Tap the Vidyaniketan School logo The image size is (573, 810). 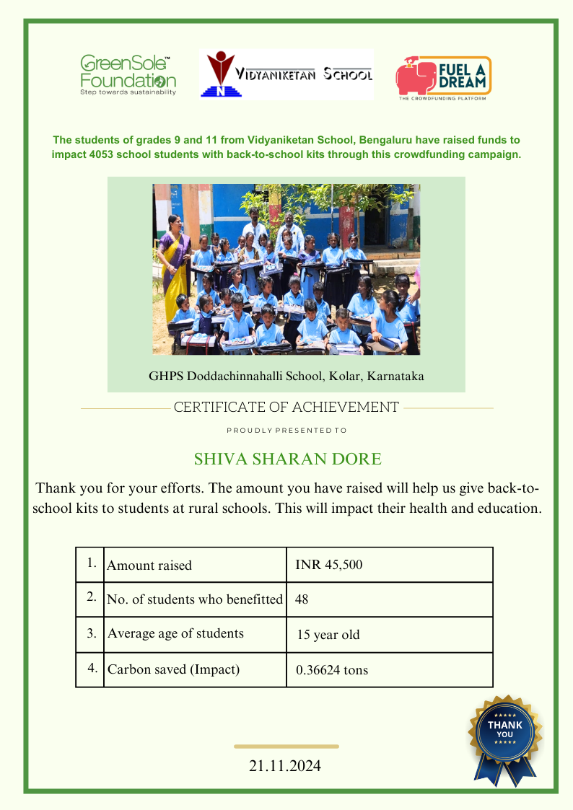pyautogui.click(x=286, y=74)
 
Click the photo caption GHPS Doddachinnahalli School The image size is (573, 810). pyautogui.click(x=286, y=376)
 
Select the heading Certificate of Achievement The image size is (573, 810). pyautogui.click(x=286, y=408)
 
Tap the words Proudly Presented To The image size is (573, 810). pyautogui.click(x=286, y=431)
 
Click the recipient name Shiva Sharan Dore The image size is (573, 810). pyautogui.click(x=287, y=459)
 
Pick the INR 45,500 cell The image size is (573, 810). pyautogui.click(x=329, y=565)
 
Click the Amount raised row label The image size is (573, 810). pyautogui.click(x=149, y=565)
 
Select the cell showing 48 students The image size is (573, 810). pyautogui.click(x=302, y=599)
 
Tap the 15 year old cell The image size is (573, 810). pyautogui.click(x=328, y=635)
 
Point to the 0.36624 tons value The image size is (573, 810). pyautogui.click(x=332, y=670)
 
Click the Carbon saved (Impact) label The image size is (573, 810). pyautogui.click(x=173, y=669)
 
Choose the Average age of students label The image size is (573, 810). pyautogui.click(x=175, y=634)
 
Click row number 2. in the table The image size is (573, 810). pyautogui.click(x=91, y=597)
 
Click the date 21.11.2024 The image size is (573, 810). pyautogui.click(x=285, y=766)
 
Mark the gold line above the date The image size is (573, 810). pyautogui.click(x=286, y=747)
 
